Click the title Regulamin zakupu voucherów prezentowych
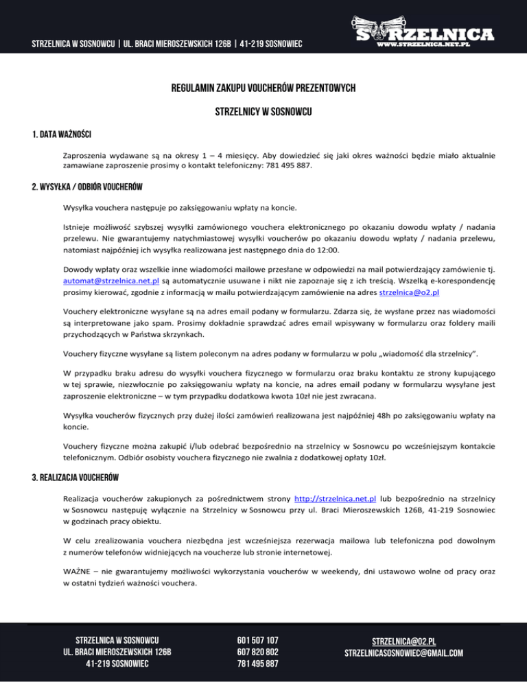tap(263, 88)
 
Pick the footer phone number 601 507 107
tap(257, 639)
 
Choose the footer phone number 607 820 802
tap(257, 652)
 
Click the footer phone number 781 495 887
tap(257, 664)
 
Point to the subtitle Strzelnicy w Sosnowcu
tap(263, 111)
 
